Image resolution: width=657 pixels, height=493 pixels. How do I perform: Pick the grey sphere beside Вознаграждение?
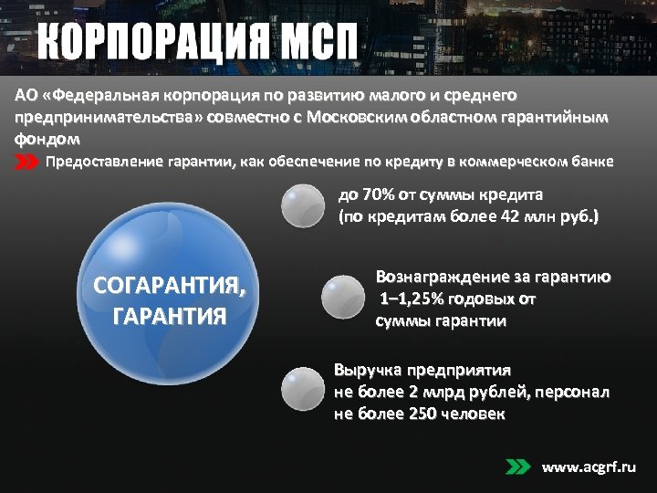343,297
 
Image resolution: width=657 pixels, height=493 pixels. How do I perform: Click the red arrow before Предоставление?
26,163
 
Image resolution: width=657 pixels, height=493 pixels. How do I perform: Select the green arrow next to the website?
517,467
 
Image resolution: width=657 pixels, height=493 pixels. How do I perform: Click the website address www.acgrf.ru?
589,467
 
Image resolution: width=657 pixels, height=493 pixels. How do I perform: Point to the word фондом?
47,140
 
